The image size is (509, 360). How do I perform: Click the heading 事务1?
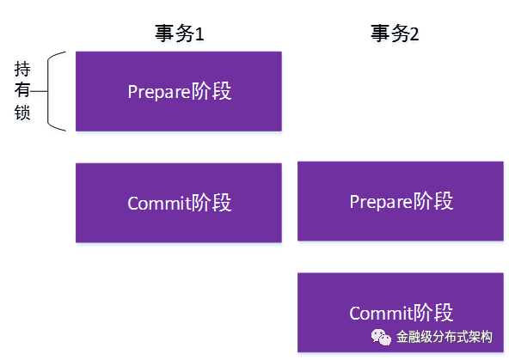(x=179, y=34)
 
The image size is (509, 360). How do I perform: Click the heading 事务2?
(x=395, y=34)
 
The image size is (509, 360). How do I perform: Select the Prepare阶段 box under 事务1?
(x=179, y=91)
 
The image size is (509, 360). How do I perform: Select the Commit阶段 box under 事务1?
(x=179, y=203)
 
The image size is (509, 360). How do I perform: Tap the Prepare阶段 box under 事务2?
(x=401, y=201)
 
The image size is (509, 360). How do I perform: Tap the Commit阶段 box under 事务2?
(x=401, y=313)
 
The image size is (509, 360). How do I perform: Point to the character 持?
(x=22, y=69)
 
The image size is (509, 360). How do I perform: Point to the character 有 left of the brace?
(x=22, y=90)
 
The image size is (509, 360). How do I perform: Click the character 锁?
(x=22, y=113)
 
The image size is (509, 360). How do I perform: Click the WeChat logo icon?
(x=381, y=337)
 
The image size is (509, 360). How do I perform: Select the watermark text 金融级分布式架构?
(x=444, y=337)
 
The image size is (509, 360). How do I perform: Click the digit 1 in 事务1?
(x=199, y=34)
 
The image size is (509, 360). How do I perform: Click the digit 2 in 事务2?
(x=414, y=34)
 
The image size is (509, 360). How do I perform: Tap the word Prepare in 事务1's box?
(x=159, y=92)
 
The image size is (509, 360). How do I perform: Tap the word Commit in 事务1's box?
(x=159, y=204)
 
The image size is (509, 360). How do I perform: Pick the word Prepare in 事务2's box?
(x=381, y=202)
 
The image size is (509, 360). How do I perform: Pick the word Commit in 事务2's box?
(x=381, y=314)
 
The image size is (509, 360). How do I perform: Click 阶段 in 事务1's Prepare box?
(x=211, y=91)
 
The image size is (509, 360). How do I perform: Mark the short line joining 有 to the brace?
(x=39, y=91)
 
